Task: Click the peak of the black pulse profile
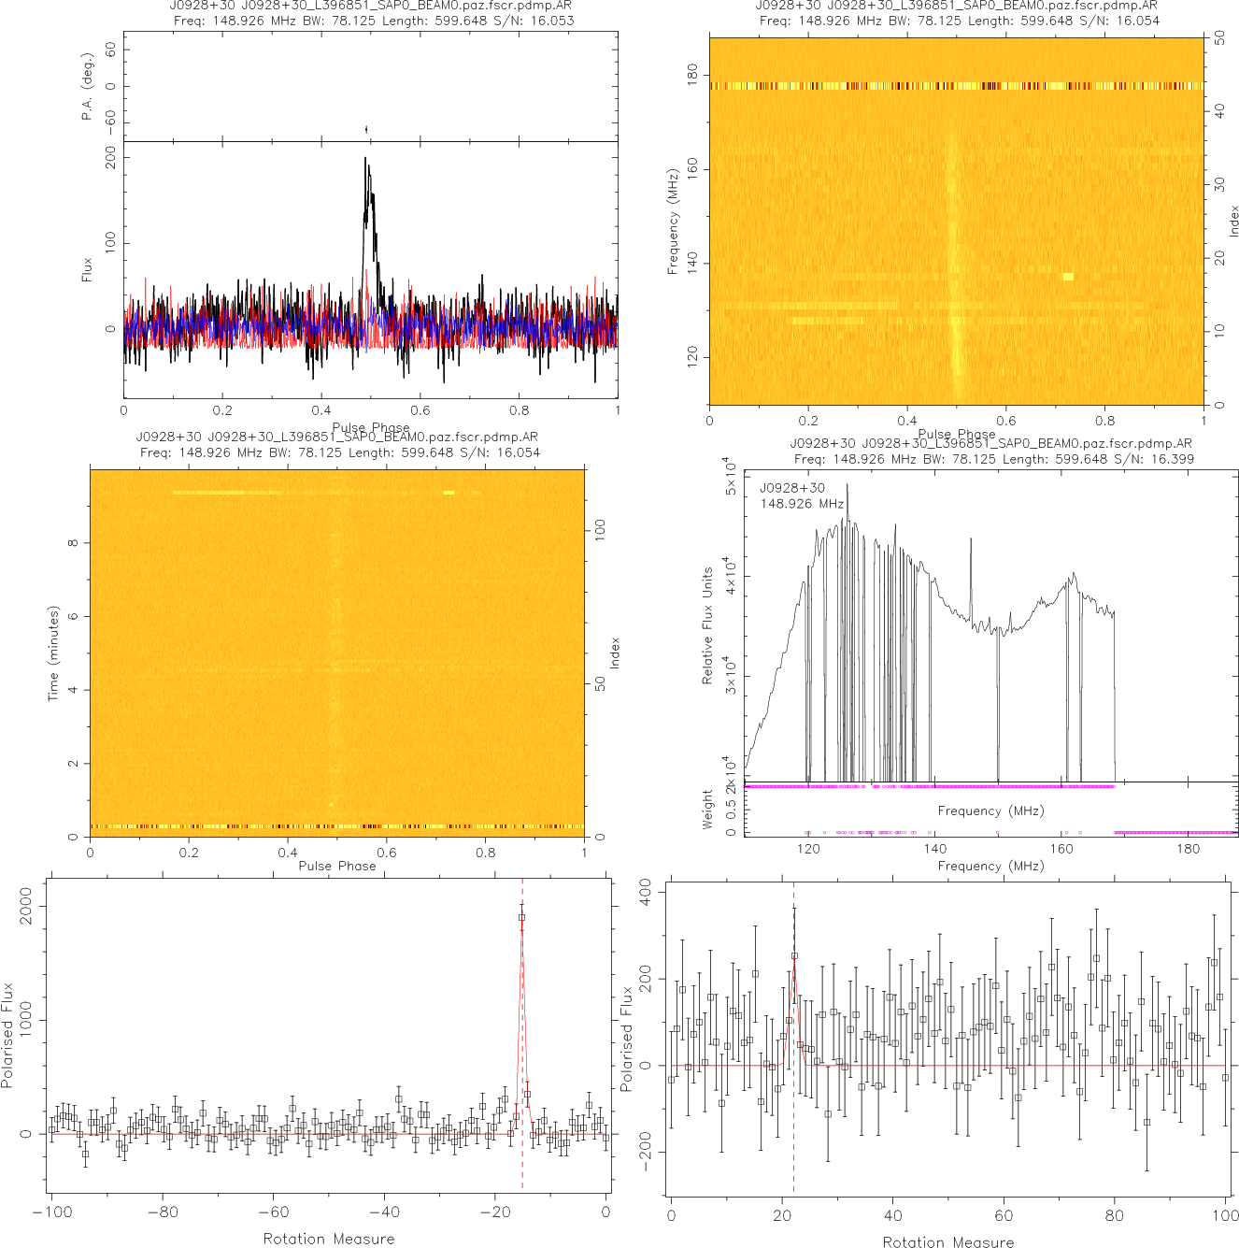click(x=365, y=159)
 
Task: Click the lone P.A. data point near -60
click(x=366, y=129)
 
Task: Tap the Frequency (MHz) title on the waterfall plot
click(x=673, y=222)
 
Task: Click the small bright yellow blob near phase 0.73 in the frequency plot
click(x=1068, y=277)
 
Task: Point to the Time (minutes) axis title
click(x=53, y=653)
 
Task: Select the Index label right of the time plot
click(x=615, y=653)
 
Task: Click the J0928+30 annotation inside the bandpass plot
click(x=792, y=488)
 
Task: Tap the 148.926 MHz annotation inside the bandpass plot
click(x=802, y=504)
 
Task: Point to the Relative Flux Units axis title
click(x=707, y=625)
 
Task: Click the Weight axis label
click(x=707, y=809)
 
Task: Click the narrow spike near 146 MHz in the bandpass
click(x=971, y=539)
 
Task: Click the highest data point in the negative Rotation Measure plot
click(x=521, y=918)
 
